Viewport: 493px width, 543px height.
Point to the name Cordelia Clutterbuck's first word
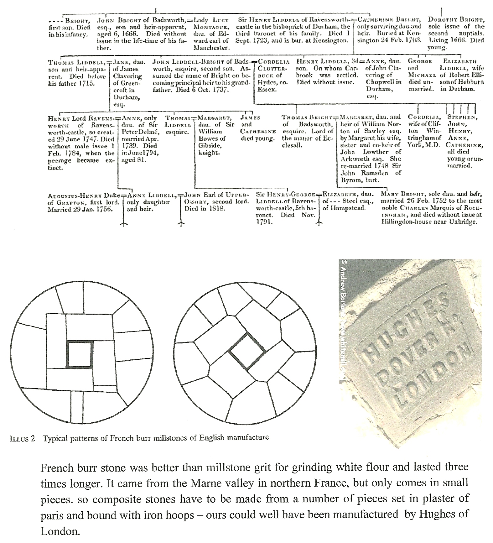[273, 62]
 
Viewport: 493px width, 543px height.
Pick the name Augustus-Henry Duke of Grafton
[83, 196]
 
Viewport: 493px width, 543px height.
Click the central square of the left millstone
[80, 354]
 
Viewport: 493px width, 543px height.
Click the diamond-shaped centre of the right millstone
[247, 351]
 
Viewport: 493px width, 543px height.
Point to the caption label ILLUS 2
[22, 438]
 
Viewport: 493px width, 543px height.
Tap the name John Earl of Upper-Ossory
[216, 195]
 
